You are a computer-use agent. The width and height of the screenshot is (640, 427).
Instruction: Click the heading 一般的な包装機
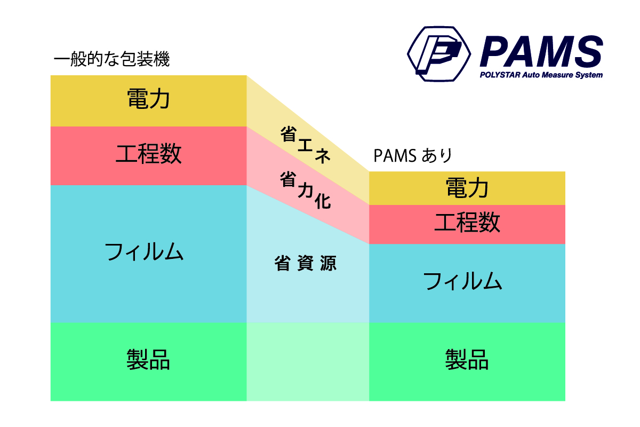point(111,59)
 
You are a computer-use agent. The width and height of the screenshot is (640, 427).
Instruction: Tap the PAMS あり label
point(413,155)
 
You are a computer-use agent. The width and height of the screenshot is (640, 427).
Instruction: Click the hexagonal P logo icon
point(439,54)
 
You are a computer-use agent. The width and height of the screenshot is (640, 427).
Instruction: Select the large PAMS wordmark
point(541,51)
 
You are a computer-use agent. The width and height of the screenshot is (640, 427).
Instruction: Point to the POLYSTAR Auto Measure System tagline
point(541,75)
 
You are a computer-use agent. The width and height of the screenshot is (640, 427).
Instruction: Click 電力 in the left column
point(149,99)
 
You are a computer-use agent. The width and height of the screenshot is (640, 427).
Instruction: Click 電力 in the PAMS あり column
point(467,188)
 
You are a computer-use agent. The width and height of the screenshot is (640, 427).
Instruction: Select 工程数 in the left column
point(149,154)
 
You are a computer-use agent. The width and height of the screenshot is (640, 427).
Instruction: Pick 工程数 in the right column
point(467,222)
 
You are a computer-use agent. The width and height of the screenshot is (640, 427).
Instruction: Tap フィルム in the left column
point(145,252)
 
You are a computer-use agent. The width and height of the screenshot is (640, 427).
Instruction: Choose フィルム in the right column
point(463,281)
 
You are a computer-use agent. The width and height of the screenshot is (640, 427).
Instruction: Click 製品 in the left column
point(148,359)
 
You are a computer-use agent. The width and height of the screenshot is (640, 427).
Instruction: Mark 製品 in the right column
point(467,359)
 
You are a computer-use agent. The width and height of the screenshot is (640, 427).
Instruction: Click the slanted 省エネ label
point(306,145)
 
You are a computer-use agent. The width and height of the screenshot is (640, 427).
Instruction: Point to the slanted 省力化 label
point(306,190)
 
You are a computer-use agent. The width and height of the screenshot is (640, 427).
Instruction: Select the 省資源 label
point(306,263)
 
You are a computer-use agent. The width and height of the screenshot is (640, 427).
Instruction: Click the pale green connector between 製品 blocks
point(308,362)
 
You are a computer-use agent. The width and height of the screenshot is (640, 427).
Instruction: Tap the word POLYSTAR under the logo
point(500,75)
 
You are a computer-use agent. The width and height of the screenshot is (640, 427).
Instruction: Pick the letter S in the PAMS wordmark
point(589,51)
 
